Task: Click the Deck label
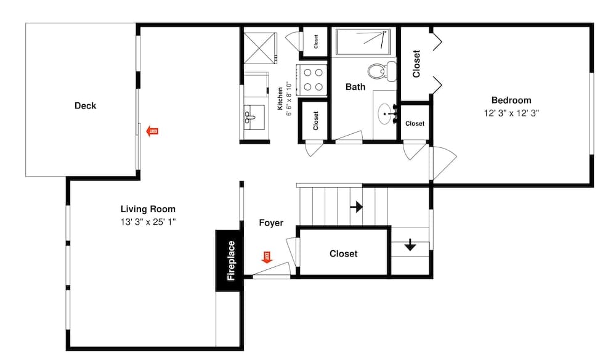(x=85, y=106)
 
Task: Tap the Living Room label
(x=148, y=209)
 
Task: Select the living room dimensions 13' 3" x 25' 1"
(x=148, y=222)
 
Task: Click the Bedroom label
(x=511, y=100)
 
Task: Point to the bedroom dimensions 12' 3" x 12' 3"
(x=511, y=113)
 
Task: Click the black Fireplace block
(x=229, y=261)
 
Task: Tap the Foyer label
(x=271, y=223)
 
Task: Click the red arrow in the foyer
(x=267, y=257)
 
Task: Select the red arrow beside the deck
(x=152, y=131)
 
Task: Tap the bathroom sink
(x=386, y=114)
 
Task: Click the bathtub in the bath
(x=363, y=42)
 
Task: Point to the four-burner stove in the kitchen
(x=312, y=80)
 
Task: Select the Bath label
(x=355, y=87)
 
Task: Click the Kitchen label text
(x=280, y=99)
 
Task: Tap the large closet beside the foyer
(x=343, y=253)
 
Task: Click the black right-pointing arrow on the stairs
(x=356, y=207)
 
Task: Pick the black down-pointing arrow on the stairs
(x=410, y=245)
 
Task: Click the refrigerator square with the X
(x=260, y=48)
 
